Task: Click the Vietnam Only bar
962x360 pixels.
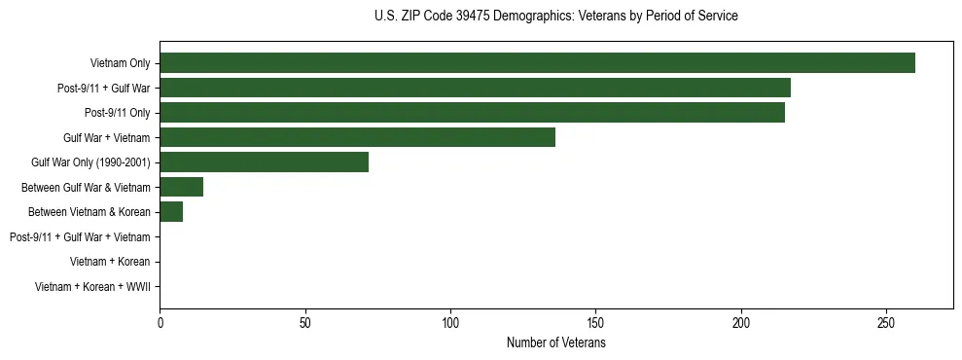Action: click(x=537, y=63)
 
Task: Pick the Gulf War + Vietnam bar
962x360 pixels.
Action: click(x=357, y=137)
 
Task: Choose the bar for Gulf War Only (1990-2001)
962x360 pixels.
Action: click(x=264, y=162)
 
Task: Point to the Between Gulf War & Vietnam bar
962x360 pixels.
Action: click(x=181, y=187)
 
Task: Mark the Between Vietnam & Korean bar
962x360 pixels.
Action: click(x=171, y=212)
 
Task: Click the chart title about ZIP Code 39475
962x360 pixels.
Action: click(x=555, y=17)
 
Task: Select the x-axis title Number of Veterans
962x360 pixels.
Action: click(x=555, y=343)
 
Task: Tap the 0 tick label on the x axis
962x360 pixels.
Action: click(x=160, y=323)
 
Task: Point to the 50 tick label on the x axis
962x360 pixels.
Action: click(x=305, y=323)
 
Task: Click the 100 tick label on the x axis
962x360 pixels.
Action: click(x=450, y=323)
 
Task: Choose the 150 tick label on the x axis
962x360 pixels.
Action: click(x=596, y=323)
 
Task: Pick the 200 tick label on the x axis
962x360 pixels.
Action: click(x=741, y=323)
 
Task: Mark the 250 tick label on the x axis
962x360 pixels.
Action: click(x=886, y=323)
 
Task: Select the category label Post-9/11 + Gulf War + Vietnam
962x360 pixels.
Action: click(x=80, y=237)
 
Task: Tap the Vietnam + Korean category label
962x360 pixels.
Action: click(x=110, y=262)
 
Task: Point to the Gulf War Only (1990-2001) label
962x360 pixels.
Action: click(x=90, y=162)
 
